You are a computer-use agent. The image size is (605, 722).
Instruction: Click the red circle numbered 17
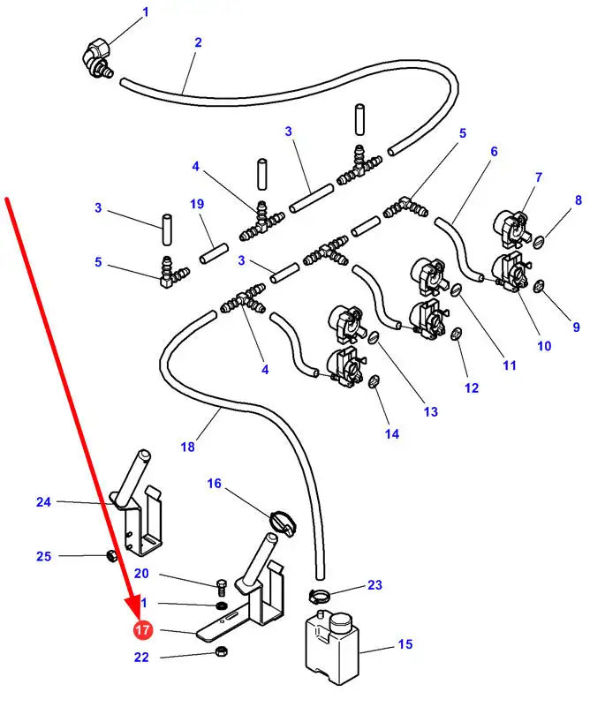(142, 630)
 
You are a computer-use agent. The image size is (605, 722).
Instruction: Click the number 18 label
(187, 447)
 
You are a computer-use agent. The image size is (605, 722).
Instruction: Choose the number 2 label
(198, 41)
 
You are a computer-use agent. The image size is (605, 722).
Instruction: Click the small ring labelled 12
(456, 334)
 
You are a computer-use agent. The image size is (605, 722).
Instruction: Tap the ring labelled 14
(374, 381)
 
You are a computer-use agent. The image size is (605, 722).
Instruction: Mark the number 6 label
(494, 151)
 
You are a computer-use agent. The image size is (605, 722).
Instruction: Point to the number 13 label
(430, 411)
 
